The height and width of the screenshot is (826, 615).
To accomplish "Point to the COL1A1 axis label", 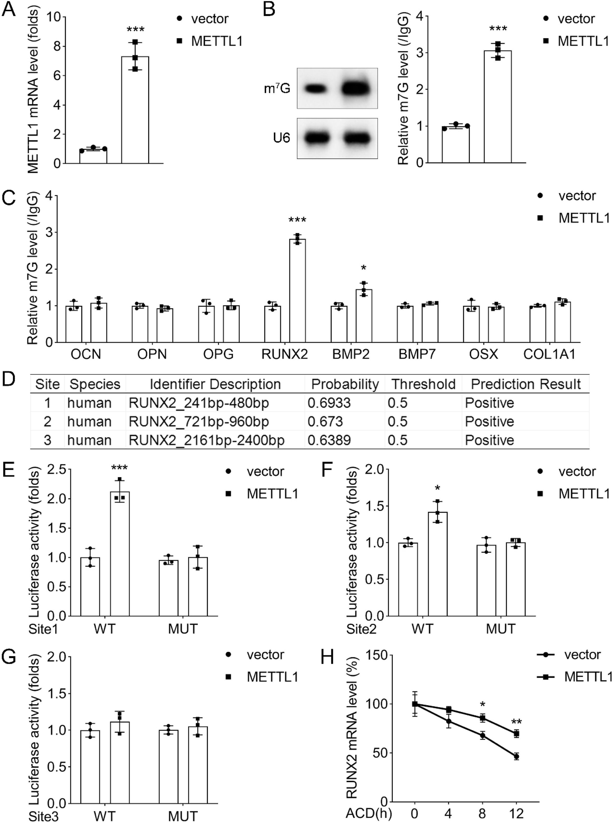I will tap(549, 354).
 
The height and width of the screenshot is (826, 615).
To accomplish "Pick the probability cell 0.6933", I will tap(329, 403).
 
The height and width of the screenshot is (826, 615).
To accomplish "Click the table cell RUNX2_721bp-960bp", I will tap(199, 422).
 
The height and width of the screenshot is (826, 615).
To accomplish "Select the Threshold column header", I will tap(423, 384).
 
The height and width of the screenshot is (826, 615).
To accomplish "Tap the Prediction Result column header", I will tap(526, 384).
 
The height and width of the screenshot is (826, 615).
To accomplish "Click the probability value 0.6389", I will tap(329, 440).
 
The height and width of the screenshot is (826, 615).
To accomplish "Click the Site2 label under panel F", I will tap(361, 629).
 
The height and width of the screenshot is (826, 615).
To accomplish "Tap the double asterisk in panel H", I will tap(516, 722).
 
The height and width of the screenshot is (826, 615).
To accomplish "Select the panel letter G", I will tap(9, 657).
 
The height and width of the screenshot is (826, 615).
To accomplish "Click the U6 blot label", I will tap(282, 138).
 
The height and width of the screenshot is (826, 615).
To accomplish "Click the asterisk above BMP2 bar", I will tap(364, 268).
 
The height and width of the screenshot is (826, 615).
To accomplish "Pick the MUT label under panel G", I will tap(182, 816).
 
